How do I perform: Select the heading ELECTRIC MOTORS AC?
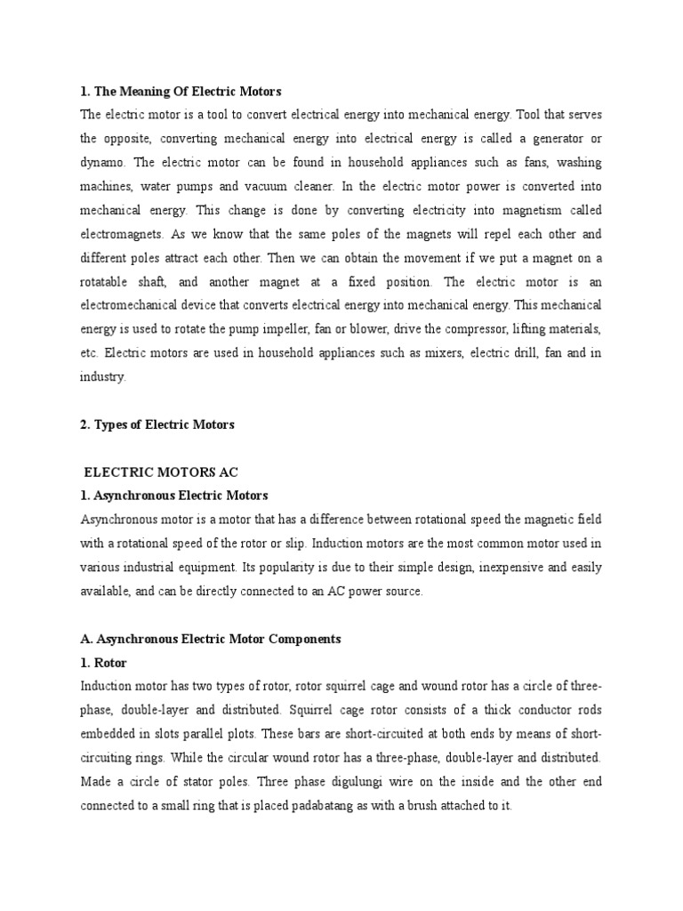point(161,472)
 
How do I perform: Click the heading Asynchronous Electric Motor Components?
point(210,639)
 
